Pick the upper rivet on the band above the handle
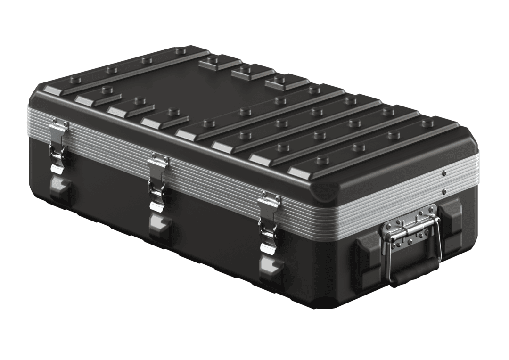pyautogui.click(x=445, y=173)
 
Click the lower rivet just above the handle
pyautogui.click(x=444, y=191)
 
